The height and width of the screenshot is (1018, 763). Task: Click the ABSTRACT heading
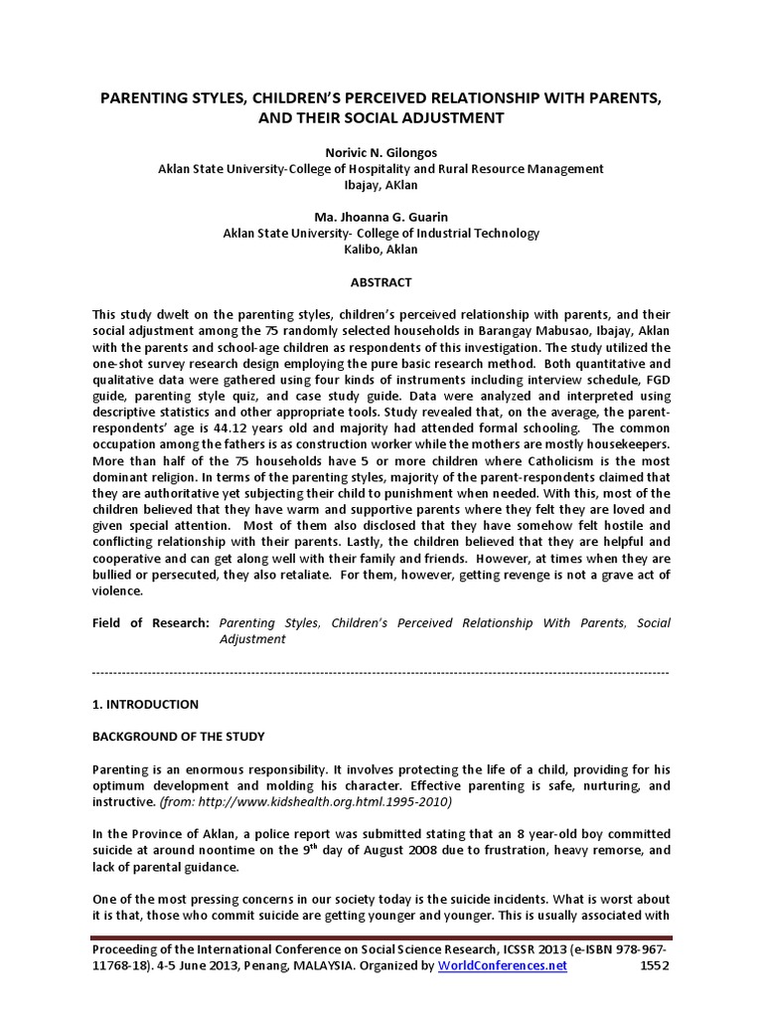381,282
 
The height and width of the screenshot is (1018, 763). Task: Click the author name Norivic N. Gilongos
381,153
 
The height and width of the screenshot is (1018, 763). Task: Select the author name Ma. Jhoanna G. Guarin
381,218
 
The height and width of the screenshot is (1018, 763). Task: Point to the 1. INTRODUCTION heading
145,704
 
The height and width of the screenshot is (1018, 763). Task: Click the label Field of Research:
150,623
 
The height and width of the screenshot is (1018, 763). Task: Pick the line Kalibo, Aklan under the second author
381,250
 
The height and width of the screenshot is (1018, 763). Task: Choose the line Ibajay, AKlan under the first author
381,185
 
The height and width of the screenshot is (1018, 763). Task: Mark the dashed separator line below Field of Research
381,672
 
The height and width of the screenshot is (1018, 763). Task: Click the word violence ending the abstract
116,591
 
